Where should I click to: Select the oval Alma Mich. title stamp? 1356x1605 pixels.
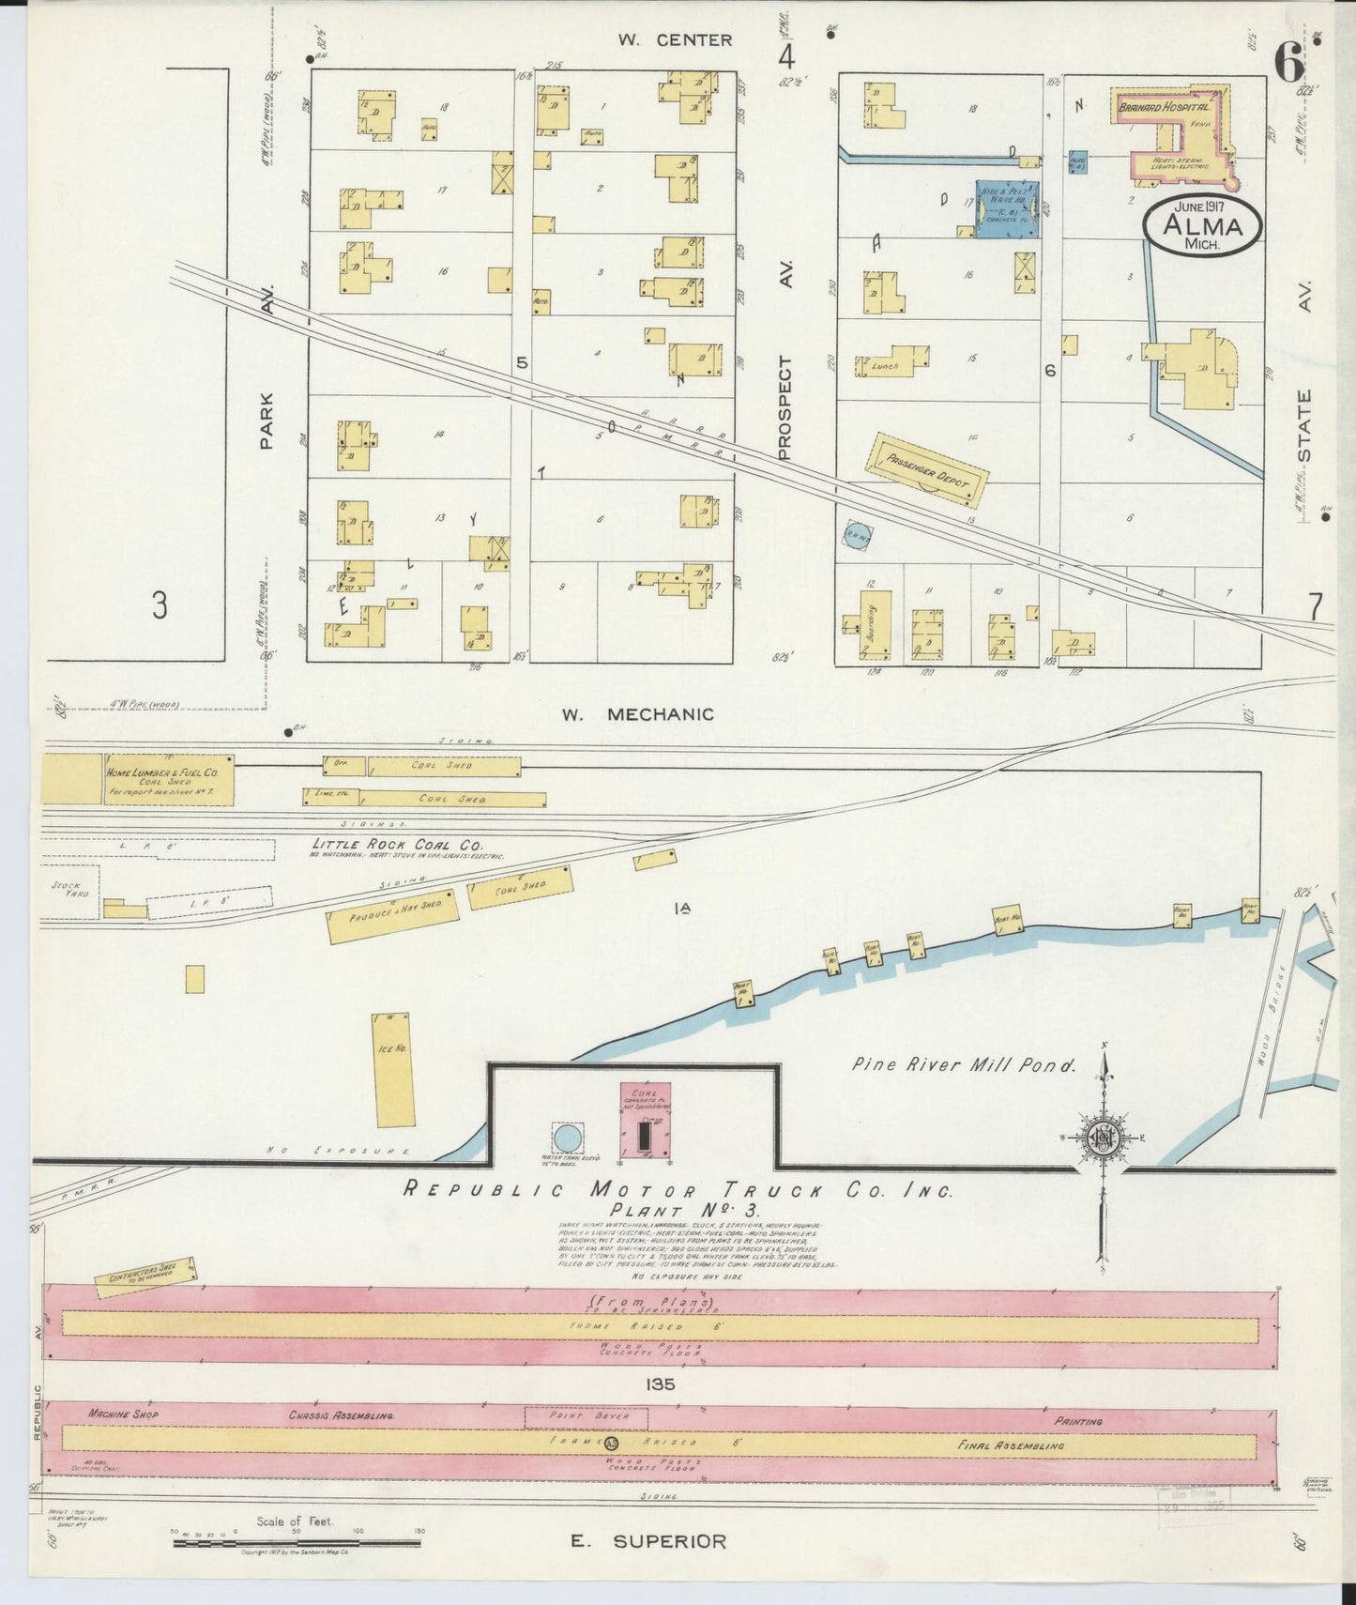point(1203,225)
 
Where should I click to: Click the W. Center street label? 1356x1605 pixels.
point(674,39)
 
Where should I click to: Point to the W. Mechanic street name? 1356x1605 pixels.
point(637,714)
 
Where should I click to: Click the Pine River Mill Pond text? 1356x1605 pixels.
point(963,1065)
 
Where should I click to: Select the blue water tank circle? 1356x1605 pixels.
point(567,1139)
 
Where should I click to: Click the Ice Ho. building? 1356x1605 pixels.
point(393,1070)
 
